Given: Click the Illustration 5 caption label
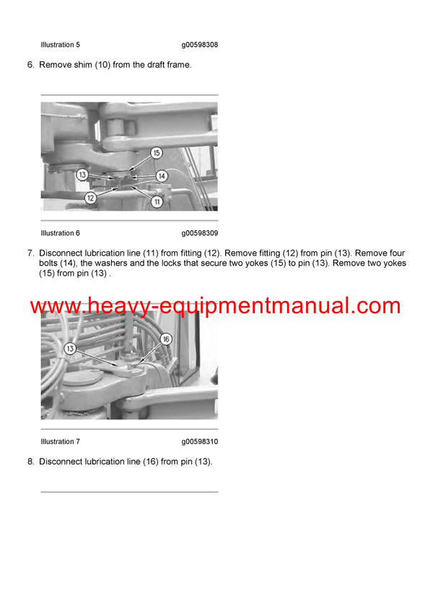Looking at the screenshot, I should [61, 45].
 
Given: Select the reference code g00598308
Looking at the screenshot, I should [200, 45].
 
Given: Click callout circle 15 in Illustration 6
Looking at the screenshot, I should [156, 153].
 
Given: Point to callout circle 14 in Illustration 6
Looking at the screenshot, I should [162, 175].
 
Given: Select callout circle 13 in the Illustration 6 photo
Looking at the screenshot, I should [82, 175].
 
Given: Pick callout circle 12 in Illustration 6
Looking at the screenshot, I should [90, 197].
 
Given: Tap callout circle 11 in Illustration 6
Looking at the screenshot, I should [156, 201].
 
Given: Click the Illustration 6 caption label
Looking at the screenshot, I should [61, 233].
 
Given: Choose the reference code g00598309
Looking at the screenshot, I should [200, 233].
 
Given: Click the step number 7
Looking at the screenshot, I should [30, 253].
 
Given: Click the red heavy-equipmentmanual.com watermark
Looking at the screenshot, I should [215, 305].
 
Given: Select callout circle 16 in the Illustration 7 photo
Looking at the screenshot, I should [165, 339].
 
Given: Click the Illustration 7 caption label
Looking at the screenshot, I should [61, 441].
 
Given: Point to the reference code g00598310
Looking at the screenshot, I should [200, 441].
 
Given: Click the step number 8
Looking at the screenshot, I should [30, 461].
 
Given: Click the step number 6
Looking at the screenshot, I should [30, 65].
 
